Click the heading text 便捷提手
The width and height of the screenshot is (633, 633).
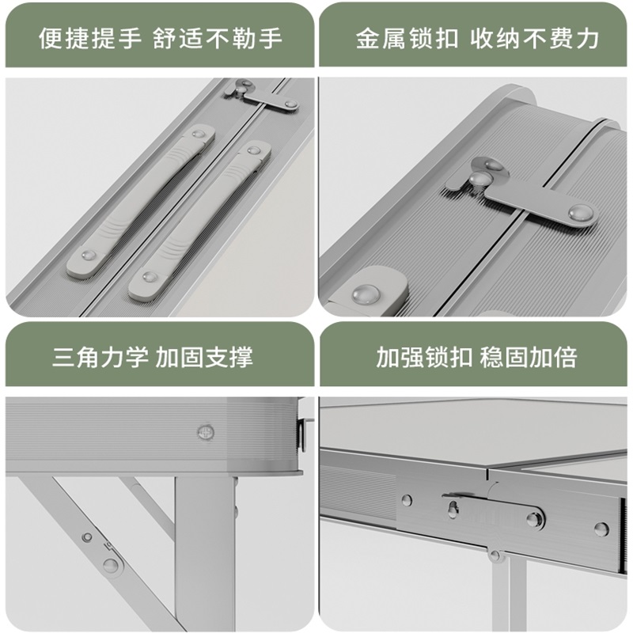(90, 38)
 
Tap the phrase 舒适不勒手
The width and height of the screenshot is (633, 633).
(218, 38)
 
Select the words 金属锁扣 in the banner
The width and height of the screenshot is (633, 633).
(407, 38)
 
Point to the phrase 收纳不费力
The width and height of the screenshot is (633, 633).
(535, 38)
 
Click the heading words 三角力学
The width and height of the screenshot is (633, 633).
(100, 357)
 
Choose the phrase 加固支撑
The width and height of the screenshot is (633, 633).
(204, 357)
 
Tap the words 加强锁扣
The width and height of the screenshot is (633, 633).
(424, 357)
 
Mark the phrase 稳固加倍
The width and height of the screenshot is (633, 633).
(529, 357)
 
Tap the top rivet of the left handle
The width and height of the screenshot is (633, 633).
(199, 135)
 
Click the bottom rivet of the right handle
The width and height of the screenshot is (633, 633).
(150, 278)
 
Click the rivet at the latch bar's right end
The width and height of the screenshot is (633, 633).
(580, 211)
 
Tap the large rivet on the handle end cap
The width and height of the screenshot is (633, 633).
(366, 294)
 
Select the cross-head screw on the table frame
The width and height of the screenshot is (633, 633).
(206, 432)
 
